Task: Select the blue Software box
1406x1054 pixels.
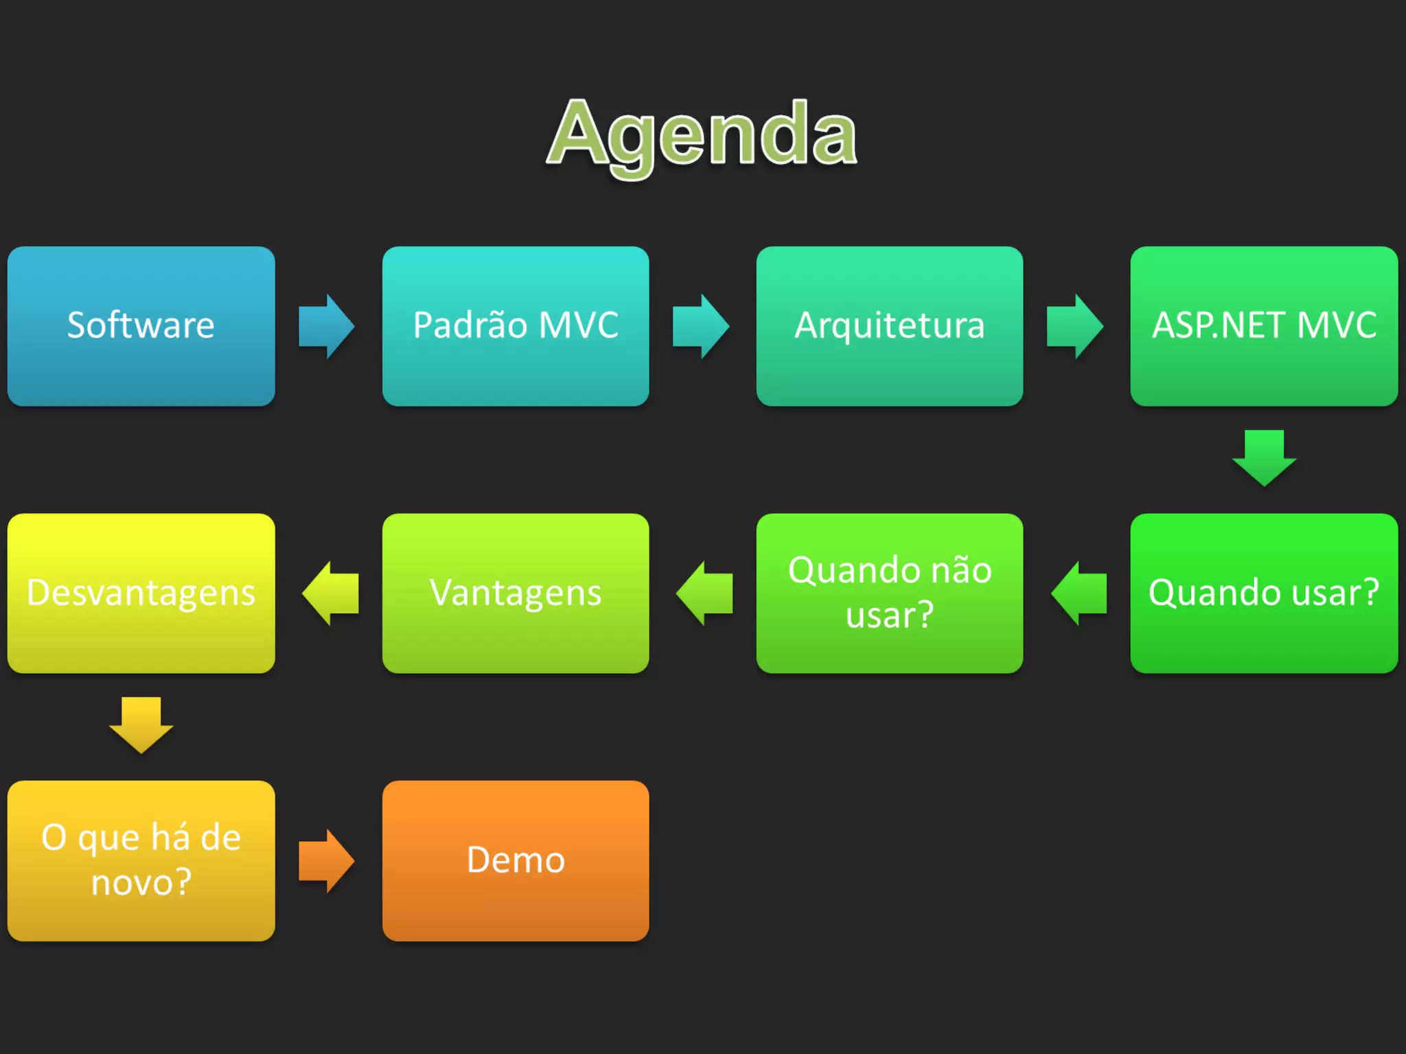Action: click(x=141, y=326)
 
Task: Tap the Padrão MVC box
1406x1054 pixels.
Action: click(x=516, y=326)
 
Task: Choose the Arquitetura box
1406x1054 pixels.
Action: click(x=889, y=326)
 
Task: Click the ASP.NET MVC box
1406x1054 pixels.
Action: click(x=1264, y=326)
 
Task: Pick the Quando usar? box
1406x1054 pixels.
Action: click(x=1264, y=593)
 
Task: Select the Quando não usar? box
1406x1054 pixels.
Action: click(x=889, y=593)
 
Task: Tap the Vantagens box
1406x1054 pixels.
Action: click(x=516, y=593)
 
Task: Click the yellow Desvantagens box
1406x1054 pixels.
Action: click(x=141, y=593)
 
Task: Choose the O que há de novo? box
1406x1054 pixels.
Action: click(x=141, y=860)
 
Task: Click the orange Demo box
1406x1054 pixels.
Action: click(x=516, y=860)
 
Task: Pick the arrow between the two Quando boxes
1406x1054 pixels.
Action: click(x=1079, y=593)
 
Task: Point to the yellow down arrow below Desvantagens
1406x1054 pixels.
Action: click(x=141, y=725)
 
